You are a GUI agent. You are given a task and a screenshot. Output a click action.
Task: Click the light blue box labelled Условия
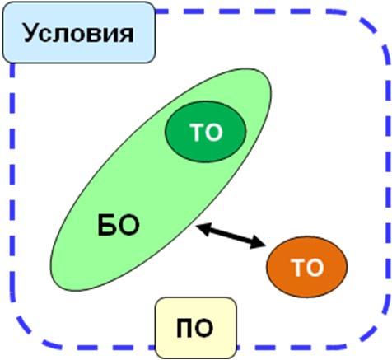(79, 32)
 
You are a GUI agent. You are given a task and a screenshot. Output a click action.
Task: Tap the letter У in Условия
(30, 33)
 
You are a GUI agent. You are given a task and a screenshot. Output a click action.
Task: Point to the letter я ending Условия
(126, 35)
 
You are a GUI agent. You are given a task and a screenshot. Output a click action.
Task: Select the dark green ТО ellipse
(205, 132)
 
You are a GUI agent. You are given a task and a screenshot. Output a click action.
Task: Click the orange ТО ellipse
(307, 267)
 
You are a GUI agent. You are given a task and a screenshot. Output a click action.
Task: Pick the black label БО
(119, 225)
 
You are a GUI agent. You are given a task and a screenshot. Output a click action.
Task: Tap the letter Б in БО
(106, 225)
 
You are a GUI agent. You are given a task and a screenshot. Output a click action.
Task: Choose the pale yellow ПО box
(196, 328)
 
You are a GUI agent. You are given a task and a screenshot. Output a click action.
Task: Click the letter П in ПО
(184, 328)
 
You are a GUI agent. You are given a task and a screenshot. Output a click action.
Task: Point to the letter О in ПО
(204, 328)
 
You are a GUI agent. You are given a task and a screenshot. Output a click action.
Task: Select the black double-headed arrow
(231, 236)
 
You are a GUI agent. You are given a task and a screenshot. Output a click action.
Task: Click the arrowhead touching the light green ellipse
(203, 228)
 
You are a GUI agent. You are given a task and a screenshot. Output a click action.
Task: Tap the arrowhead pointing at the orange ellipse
(258, 243)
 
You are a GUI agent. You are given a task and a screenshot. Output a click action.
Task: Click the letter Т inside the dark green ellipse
(197, 132)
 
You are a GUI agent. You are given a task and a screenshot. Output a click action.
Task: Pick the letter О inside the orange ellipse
(315, 267)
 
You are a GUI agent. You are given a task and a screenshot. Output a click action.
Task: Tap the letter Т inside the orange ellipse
(299, 267)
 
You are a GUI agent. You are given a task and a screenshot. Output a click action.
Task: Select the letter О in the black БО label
(128, 226)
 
